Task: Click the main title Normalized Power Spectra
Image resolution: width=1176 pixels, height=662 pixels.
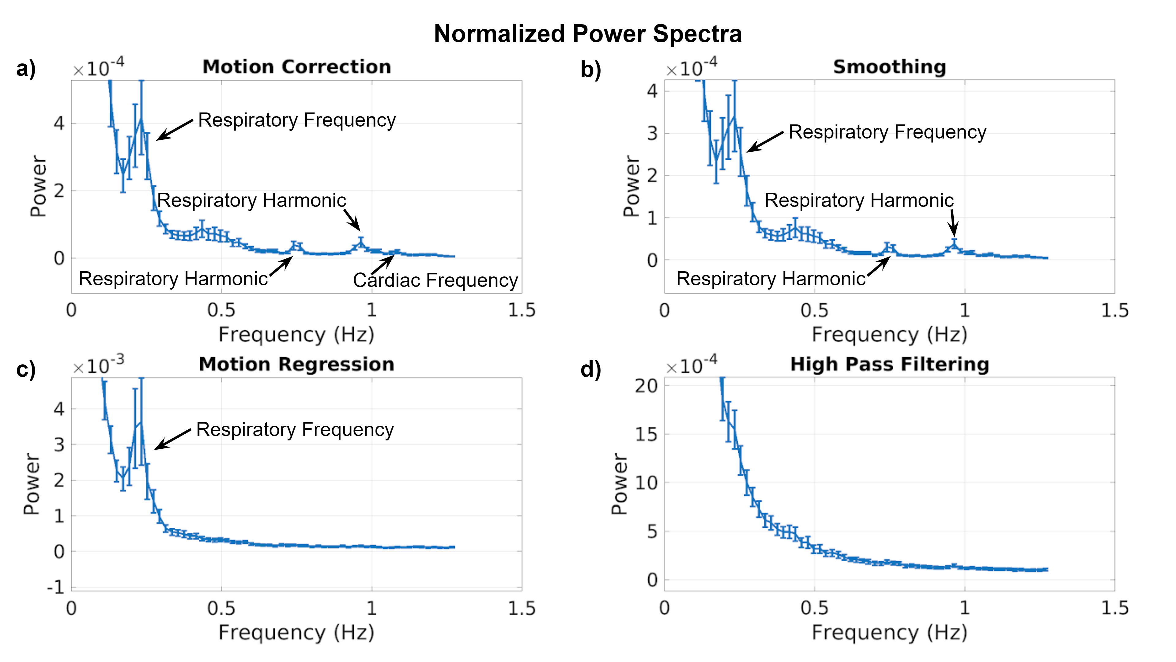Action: click(588, 34)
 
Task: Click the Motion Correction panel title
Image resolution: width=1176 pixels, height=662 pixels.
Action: click(297, 67)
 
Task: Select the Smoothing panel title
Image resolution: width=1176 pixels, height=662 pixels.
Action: click(889, 67)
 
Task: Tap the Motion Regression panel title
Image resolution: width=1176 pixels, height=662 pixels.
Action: click(297, 364)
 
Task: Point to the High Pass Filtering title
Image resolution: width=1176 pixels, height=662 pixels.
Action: click(889, 364)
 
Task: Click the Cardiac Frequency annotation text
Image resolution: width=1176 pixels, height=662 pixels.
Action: click(435, 280)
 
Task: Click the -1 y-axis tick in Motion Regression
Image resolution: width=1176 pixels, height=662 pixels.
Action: click(56, 587)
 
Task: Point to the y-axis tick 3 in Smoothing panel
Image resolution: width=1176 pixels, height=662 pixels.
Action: click(652, 133)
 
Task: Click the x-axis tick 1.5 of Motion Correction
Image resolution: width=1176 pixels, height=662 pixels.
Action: click(521, 310)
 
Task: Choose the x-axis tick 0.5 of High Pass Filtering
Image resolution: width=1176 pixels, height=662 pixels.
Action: click(814, 608)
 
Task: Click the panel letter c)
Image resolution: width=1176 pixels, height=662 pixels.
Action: click(25, 369)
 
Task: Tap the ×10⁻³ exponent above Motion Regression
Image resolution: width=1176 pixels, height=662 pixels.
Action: click(98, 366)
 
